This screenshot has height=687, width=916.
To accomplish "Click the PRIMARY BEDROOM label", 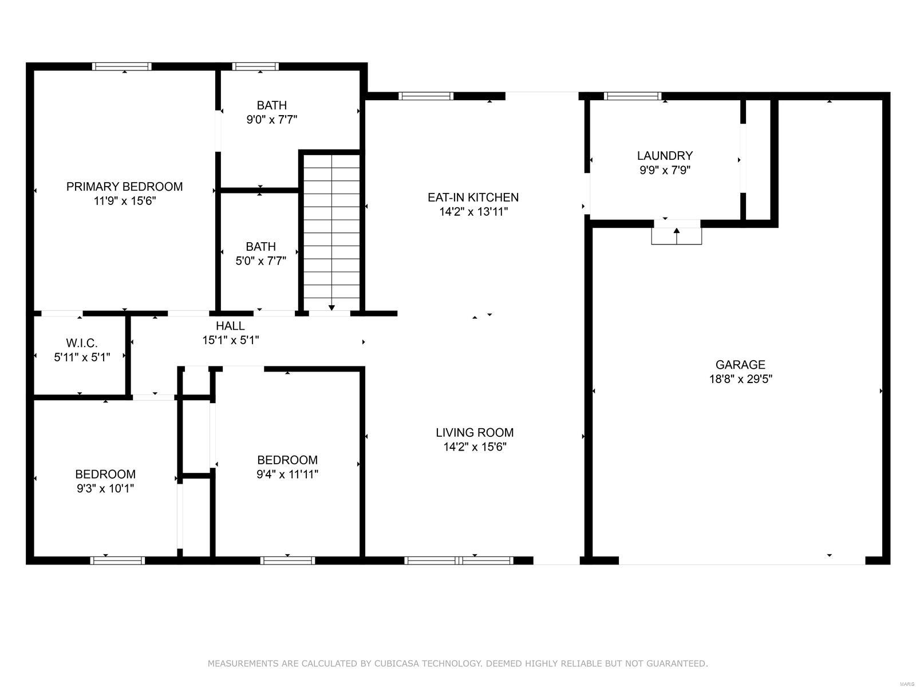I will point(124,187).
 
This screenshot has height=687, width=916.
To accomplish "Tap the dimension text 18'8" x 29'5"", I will point(740,379).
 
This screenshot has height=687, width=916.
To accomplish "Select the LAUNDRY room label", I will point(665,156).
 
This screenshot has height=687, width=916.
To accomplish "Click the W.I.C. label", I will point(82,343).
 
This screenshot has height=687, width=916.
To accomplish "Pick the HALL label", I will point(230,326).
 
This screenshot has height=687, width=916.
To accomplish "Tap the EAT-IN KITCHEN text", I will point(473,198).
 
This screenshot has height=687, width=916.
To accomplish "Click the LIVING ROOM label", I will point(475,433).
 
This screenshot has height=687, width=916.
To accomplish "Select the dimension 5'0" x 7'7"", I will point(260,261).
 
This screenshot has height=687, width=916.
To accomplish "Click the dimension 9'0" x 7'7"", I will point(271,120).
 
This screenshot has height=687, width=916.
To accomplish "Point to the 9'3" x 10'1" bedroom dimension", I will point(105,488).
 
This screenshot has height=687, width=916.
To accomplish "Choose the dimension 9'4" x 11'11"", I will point(287,474).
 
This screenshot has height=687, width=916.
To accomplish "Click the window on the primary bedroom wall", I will point(122,66).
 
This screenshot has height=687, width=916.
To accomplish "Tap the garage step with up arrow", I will point(676,236).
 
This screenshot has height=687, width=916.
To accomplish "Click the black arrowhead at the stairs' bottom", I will point(331,308).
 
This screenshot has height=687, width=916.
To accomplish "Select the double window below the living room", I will point(459,560).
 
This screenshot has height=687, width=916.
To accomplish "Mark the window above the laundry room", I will point(633,96).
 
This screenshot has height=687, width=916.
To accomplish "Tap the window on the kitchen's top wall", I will point(426,96).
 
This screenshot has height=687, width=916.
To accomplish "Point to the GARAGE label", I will point(740,365).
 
